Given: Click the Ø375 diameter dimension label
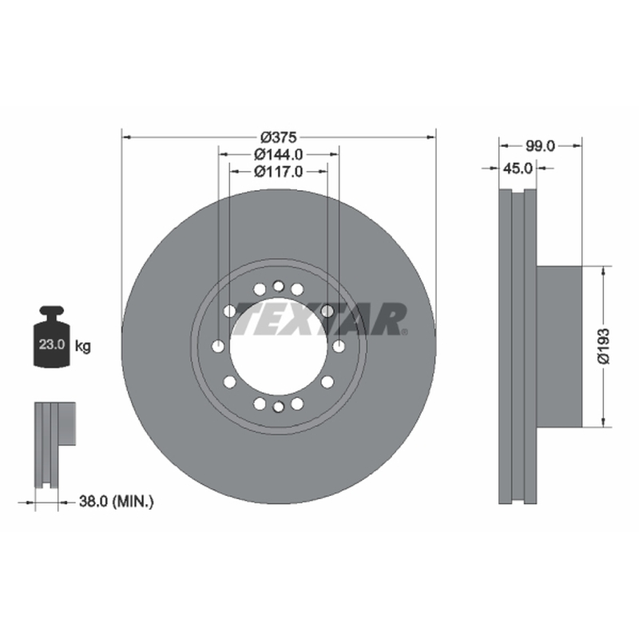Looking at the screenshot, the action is point(278,137).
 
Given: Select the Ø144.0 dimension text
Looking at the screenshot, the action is point(278,154).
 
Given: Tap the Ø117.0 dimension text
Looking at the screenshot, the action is point(278,172).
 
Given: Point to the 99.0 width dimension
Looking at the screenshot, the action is point(540,146).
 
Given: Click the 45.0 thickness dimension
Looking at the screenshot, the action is point(518,168).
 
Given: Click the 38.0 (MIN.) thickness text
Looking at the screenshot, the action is point(117,501).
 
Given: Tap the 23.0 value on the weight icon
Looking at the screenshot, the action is point(52,344).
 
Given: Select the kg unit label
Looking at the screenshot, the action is point(83,347).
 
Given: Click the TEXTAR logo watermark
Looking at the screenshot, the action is point(320,319).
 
